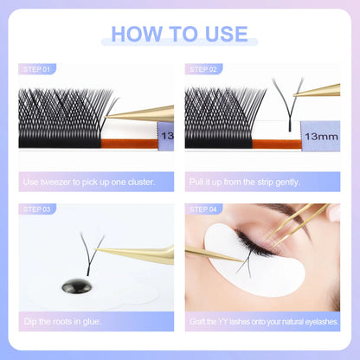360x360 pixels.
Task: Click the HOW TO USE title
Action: [179, 35]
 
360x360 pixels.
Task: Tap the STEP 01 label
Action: [35, 68]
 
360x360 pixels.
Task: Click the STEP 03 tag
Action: [35, 209]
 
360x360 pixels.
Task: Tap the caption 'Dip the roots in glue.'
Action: [62, 322]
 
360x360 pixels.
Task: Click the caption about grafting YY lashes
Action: [263, 322]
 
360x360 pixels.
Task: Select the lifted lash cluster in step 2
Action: [286, 104]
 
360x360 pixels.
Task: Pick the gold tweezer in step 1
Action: [143, 112]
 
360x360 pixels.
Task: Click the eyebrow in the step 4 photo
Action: [286, 209]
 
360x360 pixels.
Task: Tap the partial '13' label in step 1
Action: [167, 136]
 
